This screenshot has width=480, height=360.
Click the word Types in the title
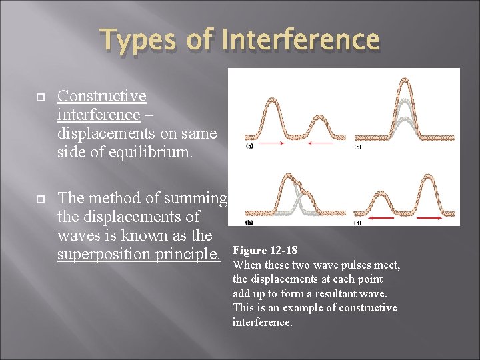pyautogui.click(x=137, y=41)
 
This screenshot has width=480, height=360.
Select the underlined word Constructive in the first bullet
pyautogui.click(x=102, y=96)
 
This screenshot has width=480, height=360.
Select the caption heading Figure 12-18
pyautogui.click(x=265, y=251)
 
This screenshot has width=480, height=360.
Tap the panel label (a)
pyautogui.click(x=249, y=145)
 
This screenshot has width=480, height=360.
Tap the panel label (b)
pyautogui.click(x=249, y=221)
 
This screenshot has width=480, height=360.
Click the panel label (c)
pyautogui.click(x=358, y=146)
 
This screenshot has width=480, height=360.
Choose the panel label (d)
pyautogui.click(x=358, y=222)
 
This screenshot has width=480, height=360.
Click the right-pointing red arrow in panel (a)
pyautogui.click(x=269, y=143)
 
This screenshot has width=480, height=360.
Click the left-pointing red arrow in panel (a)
pyautogui.click(x=320, y=143)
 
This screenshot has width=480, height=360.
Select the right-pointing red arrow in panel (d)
pyautogui.click(x=429, y=219)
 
